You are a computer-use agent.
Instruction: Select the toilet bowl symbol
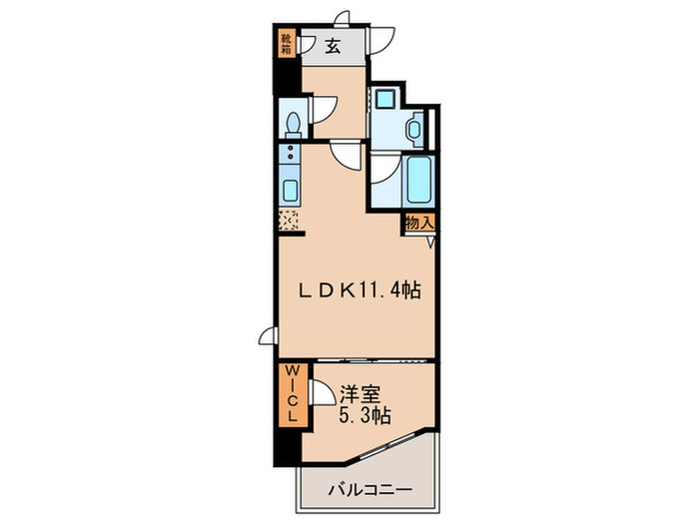click(x=292, y=123)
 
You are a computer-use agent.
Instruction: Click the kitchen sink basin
click(x=290, y=190)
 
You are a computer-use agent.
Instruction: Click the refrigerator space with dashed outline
click(x=290, y=222)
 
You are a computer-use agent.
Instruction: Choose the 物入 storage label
click(x=418, y=225)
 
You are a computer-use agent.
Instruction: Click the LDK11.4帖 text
click(x=360, y=290)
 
